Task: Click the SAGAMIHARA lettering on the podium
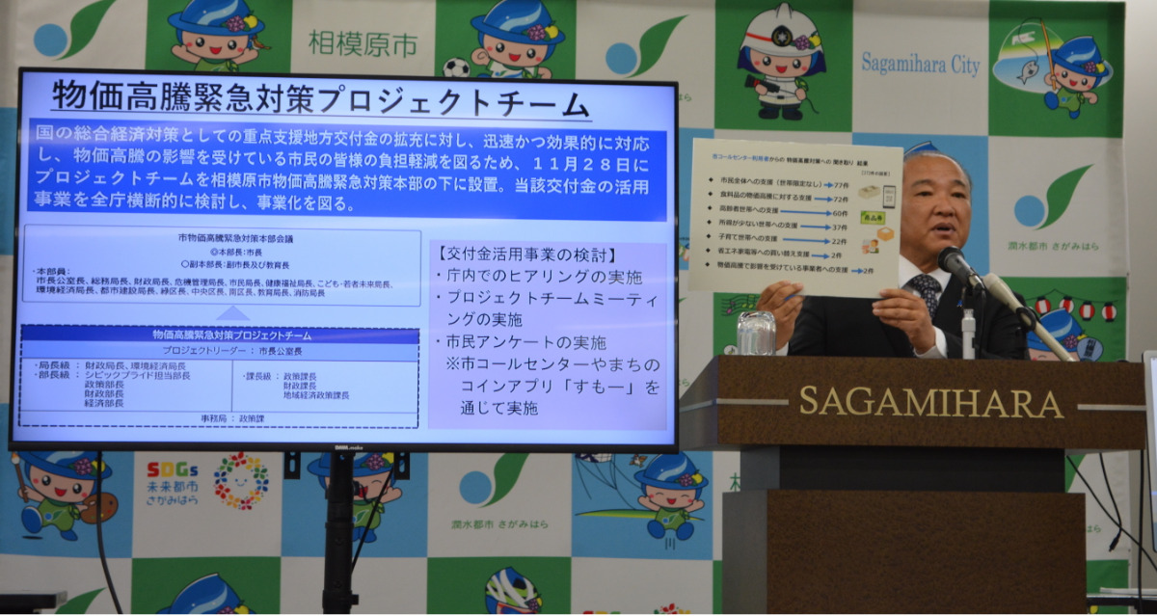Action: coord(931,401)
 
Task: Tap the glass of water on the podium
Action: coord(756,333)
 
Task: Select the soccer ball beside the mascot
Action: coord(456,67)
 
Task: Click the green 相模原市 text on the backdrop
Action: coord(362,42)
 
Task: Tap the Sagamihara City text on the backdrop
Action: coord(920,64)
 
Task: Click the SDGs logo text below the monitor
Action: coord(173,470)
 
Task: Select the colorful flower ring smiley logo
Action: coord(241,480)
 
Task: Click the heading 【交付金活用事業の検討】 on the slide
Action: coord(526,255)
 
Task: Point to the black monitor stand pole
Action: coord(339,530)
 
